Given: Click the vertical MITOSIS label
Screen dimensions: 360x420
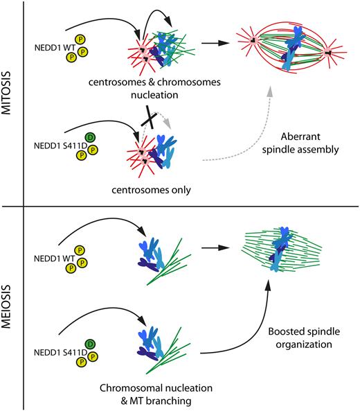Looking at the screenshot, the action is coord(6,93).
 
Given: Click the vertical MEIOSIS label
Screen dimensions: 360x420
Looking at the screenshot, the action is coord(6,306).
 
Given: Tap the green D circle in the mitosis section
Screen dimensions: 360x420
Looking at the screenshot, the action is coord(90,137).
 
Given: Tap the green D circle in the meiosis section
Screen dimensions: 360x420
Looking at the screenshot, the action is coord(90,344).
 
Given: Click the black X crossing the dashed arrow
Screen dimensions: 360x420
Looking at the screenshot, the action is coord(149,118).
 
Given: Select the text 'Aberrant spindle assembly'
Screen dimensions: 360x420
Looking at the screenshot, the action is coord(300,143).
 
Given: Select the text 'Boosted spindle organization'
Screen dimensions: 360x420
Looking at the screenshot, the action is coord(304,338).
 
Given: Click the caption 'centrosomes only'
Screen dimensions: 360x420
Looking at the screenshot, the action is coord(151,190).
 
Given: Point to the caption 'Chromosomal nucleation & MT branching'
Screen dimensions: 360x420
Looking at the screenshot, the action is coord(156,394).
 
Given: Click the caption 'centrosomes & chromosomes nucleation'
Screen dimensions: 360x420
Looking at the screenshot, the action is coord(154,88).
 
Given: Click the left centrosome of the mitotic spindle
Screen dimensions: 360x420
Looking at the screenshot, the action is coord(252,40).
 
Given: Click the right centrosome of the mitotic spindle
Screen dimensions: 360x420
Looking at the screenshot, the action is coord(328,53).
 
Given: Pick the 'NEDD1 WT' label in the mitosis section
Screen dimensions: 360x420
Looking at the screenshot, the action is coord(55,48).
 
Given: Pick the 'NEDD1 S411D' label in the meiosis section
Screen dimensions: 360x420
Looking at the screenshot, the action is coord(60,353).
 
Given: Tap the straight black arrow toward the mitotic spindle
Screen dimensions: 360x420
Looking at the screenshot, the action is coord(215,43).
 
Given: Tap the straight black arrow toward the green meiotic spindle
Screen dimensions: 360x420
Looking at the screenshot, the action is coord(215,247).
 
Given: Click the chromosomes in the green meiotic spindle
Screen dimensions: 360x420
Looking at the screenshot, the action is coord(280,249).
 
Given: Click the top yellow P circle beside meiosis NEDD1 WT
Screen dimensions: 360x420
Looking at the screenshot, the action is coord(80,250).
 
